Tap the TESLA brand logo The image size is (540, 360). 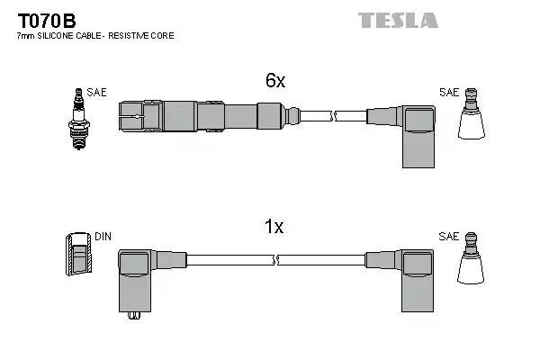click(x=398, y=20)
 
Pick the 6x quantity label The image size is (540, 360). click(x=275, y=81)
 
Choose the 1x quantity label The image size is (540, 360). click(x=275, y=227)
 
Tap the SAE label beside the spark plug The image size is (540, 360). click(x=95, y=93)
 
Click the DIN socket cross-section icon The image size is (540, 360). click(x=79, y=254)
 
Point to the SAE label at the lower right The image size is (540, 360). click(x=448, y=237)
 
